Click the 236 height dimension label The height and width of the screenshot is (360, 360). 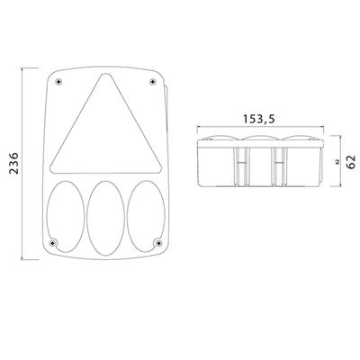pyautogui.click(x=14, y=164)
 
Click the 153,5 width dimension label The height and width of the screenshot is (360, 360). pyautogui.click(x=258, y=119)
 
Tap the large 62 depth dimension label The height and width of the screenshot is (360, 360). pyautogui.click(x=351, y=162)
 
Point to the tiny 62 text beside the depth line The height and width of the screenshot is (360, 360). pyautogui.click(x=337, y=162)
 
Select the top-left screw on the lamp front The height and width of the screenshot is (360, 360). pyautogui.click(x=58, y=81)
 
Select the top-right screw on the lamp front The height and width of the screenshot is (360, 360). pyautogui.click(x=153, y=81)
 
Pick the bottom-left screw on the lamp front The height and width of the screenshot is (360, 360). pyautogui.click(x=53, y=242)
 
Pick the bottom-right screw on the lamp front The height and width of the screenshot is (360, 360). pyautogui.click(x=157, y=242)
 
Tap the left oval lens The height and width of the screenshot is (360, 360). pyautogui.click(x=66, y=216)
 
